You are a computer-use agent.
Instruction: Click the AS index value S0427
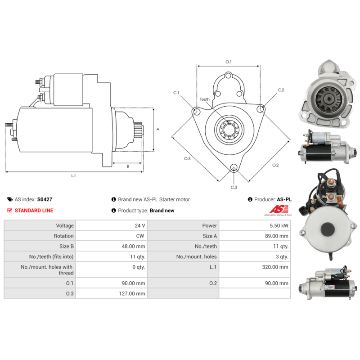(45, 199)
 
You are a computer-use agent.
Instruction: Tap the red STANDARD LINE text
(34, 210)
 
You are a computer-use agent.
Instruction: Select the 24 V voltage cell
(140, 226)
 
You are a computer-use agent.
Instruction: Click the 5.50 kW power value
(279, 226)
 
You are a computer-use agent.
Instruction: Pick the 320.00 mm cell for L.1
(275, 267)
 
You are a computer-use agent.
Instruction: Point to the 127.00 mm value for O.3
(132, 294)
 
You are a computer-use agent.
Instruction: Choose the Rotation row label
(63, 236)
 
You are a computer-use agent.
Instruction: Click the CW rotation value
(140, 236)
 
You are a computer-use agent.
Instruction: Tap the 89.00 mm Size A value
(276, 236)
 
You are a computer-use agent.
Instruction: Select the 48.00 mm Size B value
(133, 246)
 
